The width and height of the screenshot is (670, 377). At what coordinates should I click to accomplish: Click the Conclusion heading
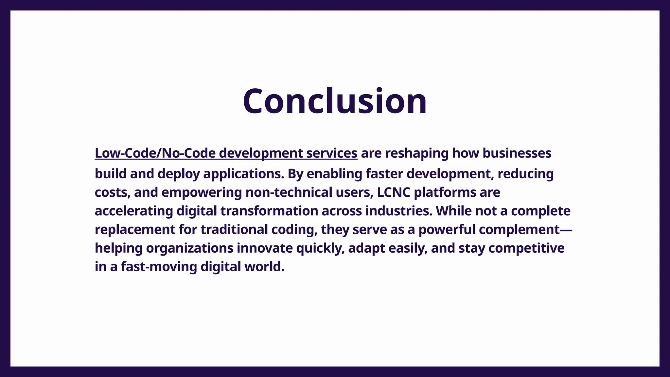[x=335, y=101]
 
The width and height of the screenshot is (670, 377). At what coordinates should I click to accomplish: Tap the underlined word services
[x=332, y=153]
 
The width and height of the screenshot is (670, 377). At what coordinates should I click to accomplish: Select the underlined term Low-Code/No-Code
[x=155, y=153]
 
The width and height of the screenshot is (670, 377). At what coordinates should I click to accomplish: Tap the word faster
[x=384, y=174]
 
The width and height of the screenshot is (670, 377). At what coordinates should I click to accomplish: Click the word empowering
[x=202, y=192]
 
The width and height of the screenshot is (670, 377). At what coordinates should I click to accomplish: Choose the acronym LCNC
[x=394, y=192]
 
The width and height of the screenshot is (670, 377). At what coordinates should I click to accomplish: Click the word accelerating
[x=134, y=211]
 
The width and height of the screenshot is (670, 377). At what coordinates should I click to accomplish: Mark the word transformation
[x=269, y=211]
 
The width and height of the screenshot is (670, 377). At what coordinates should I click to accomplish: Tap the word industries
[x=399, y=211]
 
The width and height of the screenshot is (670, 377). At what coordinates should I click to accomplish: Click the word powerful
[x=447, y=230]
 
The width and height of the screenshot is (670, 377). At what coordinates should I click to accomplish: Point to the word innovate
[x=265, y=248]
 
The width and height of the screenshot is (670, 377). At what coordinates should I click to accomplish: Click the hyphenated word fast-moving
[x=159, y=267]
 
